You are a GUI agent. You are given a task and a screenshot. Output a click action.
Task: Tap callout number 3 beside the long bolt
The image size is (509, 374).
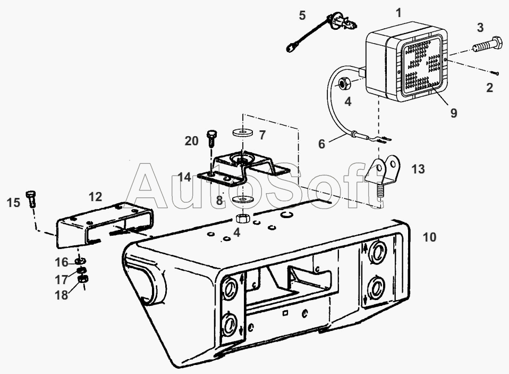480,27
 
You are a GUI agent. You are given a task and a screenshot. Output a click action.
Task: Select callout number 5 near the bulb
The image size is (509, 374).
302,15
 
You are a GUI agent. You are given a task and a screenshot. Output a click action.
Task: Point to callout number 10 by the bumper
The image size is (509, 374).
429,237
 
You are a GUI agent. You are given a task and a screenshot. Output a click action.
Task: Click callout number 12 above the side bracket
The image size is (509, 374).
95,197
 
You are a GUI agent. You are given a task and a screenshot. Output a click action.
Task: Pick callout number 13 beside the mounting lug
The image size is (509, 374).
418,169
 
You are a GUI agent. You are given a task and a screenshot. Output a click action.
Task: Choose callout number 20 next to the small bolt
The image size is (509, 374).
191,141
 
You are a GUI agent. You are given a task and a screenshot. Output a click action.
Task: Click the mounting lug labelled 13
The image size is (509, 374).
383,170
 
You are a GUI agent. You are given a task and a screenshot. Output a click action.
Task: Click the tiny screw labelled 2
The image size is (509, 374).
495,73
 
